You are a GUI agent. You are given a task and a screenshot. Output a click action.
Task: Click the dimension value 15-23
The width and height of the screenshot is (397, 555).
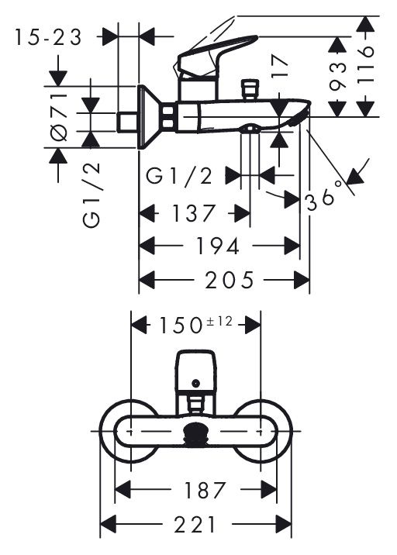tap(48, 37)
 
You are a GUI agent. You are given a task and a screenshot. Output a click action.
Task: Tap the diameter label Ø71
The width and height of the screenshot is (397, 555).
tap(59, 117)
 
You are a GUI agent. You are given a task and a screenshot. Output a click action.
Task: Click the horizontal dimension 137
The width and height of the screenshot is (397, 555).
tap(193, 213)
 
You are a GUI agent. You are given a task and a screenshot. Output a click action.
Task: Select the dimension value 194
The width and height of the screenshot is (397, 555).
tap(218, 246)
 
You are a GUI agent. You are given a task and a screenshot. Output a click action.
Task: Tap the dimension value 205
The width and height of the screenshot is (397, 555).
tap(230, 280)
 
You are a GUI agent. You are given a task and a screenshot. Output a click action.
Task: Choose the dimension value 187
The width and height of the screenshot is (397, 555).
tap(205, 490)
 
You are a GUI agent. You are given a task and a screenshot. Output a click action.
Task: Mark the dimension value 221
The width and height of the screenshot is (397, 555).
tap(195, 524)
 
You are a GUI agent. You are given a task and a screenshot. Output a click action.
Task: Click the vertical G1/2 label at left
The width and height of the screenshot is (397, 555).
tap(91, 195)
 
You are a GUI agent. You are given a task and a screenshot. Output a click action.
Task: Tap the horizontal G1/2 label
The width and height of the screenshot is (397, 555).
tap(179, 176)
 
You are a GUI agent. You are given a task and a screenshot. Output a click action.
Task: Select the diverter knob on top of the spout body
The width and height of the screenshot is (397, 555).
tap(250, 90)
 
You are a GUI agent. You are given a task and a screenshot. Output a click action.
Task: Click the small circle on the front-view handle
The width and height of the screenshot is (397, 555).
tap(195, 383)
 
